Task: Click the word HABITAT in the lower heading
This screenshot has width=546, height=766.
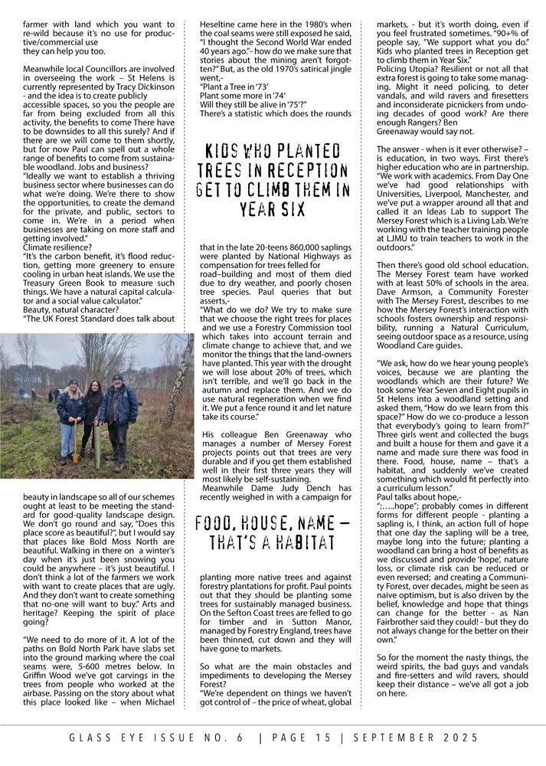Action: pos(280,543)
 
